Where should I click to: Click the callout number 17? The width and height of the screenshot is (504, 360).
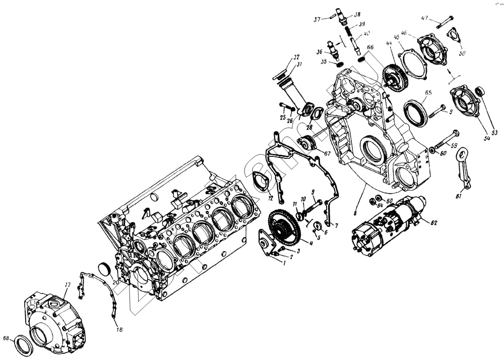67,286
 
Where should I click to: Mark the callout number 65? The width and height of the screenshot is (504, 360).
428,93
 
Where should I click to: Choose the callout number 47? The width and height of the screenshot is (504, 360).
425,19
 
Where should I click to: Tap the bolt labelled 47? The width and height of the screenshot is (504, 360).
443,23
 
